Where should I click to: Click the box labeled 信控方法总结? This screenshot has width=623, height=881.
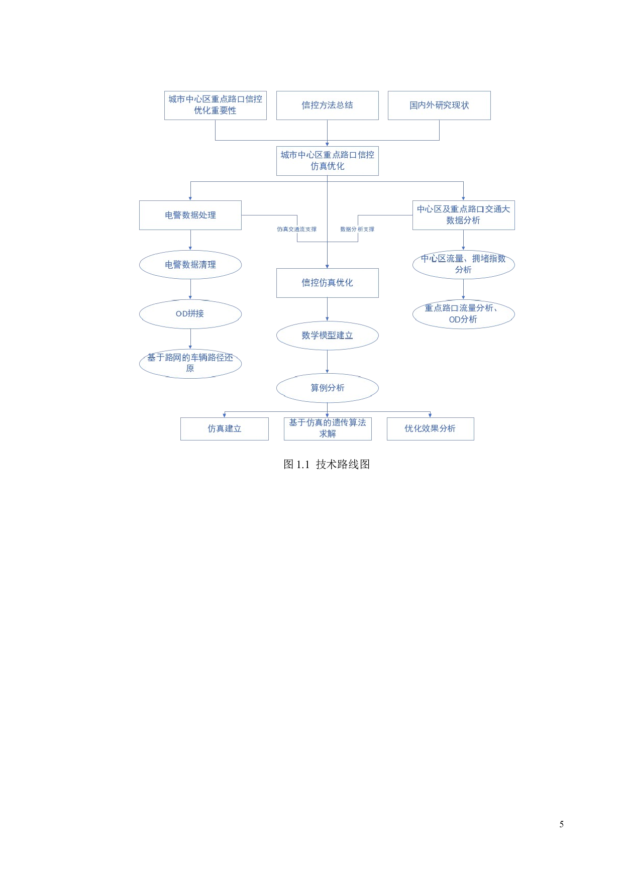click(327, 105)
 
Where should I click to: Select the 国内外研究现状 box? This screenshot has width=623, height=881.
click(439, 105)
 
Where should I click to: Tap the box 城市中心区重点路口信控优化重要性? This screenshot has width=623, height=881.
click(215, 105)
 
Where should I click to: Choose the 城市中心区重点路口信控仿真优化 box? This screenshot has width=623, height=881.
click(327, 161)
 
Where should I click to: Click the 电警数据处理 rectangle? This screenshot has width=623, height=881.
click(190, 215)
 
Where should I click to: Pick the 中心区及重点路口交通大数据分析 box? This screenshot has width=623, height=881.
click(463, 215)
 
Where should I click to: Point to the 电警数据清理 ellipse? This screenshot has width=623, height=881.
click(190, 265)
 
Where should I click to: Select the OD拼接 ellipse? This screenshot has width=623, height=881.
click(190, 314)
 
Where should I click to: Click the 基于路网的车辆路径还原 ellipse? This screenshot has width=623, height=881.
click(190, 363)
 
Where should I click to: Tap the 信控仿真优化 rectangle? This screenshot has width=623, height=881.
click(327, 283)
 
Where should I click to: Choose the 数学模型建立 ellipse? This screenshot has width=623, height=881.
click(327, 336)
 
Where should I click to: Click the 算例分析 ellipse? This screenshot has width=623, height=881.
click(327, 388)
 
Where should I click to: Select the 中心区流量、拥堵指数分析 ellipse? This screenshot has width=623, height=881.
click(463, 265)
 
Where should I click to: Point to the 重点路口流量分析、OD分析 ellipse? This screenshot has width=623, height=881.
click(463, 314)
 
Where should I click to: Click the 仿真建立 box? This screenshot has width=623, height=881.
click(224, 429)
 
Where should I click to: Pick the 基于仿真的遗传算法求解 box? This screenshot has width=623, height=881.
click(327, 429)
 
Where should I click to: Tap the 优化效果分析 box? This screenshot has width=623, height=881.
click(430, 429)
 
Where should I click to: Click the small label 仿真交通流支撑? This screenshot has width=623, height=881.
click(296, 230)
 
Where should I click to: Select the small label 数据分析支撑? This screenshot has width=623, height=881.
click(357, 230)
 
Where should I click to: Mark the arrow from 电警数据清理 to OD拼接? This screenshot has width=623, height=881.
click(190, 290)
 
